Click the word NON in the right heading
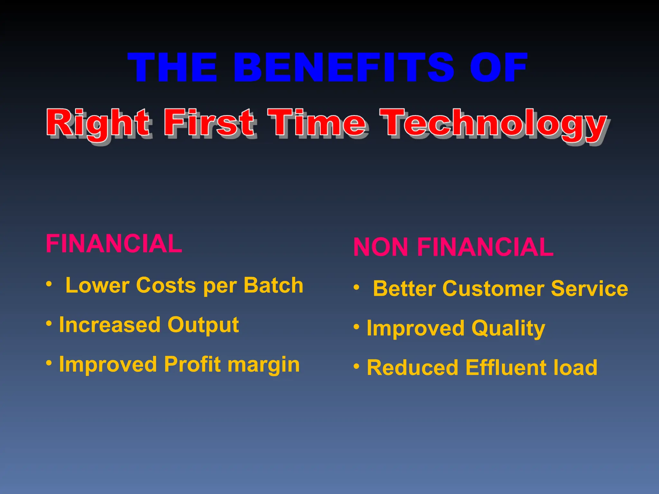[x=381, y=247]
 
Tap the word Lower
[x=97, y=285]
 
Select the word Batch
[x=273, y=285]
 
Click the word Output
[x=203, y=325]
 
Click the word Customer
[x=493, y=288]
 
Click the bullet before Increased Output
[x=49, y=323]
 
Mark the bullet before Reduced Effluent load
[x=357, y=366]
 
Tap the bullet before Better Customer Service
[x=357, y=287]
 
